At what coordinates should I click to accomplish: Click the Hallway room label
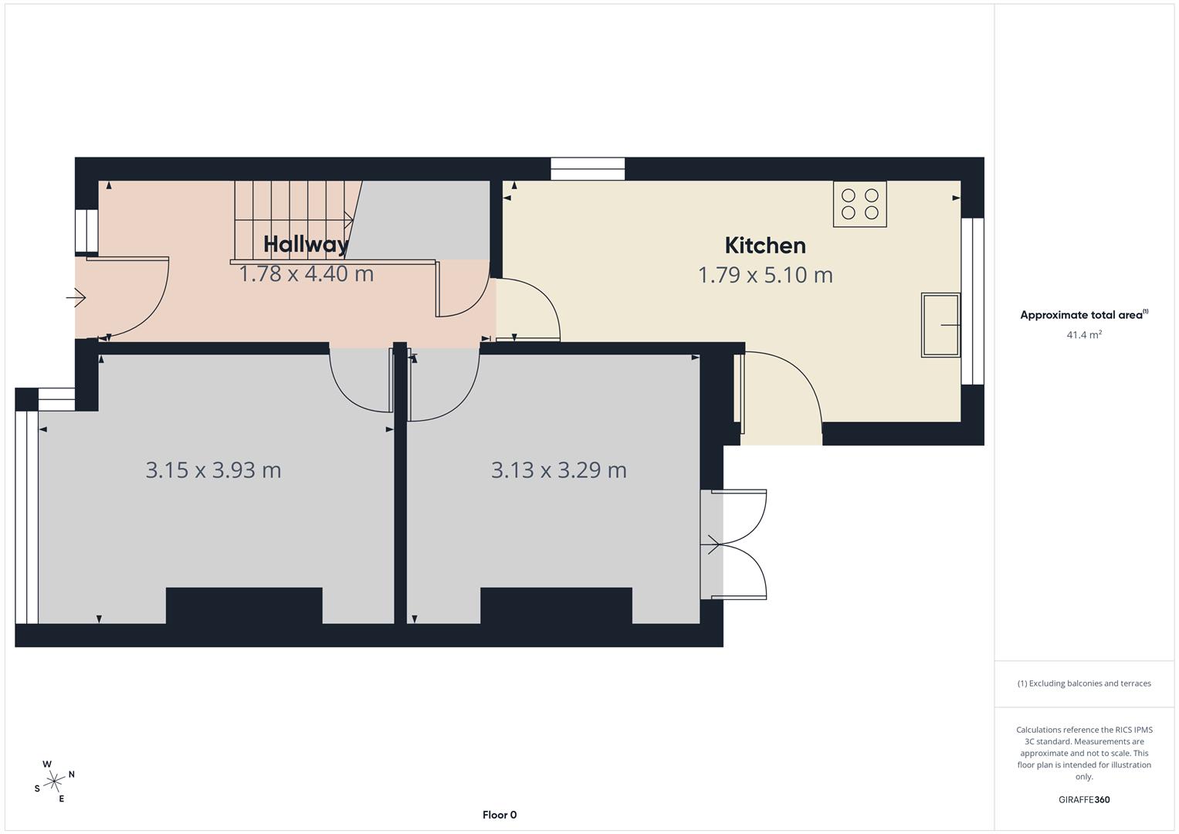(306, 244)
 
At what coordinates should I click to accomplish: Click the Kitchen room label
(765, 246)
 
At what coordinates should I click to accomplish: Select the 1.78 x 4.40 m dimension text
(306, 274)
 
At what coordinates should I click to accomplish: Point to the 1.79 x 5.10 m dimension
(765, 275)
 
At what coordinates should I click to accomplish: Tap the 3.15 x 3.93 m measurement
(213, 470)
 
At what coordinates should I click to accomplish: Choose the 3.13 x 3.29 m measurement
(558, 470)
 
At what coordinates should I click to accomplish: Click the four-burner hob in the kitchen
(859, 204)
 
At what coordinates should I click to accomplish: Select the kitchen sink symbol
(940, 324)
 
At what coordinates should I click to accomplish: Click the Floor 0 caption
(500, 815)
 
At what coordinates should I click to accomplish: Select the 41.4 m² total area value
(1083, 335)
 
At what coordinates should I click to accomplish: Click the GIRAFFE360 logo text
(1083, 799)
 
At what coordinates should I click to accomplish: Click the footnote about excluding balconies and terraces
(1083, 683)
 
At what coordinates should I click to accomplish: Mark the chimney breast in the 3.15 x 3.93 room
(244, 605)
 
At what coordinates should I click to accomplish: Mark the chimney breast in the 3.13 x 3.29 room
(556, 605)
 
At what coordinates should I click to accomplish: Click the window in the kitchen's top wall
(588, 169)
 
